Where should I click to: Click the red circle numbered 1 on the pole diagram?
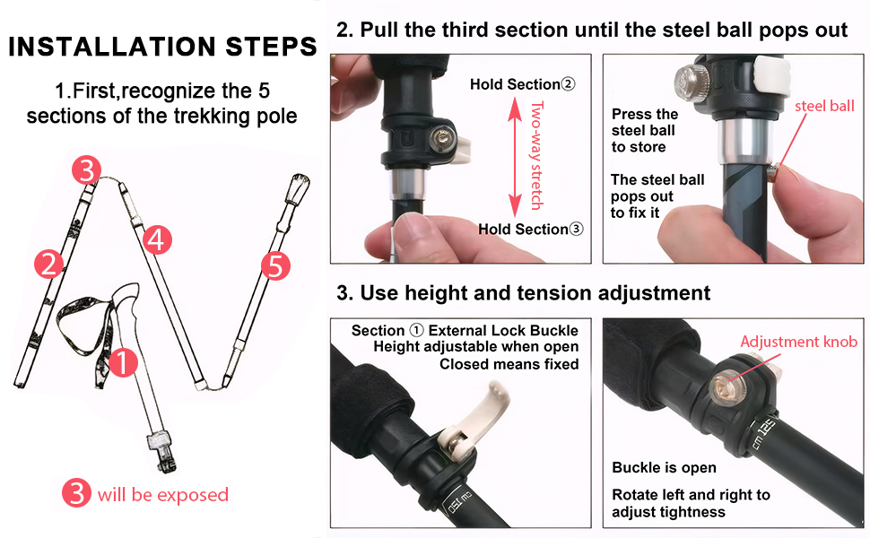tap(123, 362)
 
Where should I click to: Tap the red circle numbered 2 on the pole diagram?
tap(48, 264)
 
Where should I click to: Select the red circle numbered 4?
tap(157, 239)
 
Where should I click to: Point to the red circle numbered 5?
tap(275, 266)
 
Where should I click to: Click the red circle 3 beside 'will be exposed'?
tap(76, 492)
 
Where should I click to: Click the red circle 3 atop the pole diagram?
tap(87, 169)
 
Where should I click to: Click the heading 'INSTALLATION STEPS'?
tap(162, 47)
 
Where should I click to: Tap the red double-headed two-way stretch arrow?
tap(516, 157)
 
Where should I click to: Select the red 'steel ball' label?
tap(824, 106)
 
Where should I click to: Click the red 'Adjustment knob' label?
tap(799, 341)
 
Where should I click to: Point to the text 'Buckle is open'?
tap(664, 467)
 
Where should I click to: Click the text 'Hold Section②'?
tap(523, 84)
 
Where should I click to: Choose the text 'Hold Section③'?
tap(531, 229)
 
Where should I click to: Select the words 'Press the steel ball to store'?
tap(644, 130)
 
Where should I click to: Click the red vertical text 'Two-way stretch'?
tap(536, 155)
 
